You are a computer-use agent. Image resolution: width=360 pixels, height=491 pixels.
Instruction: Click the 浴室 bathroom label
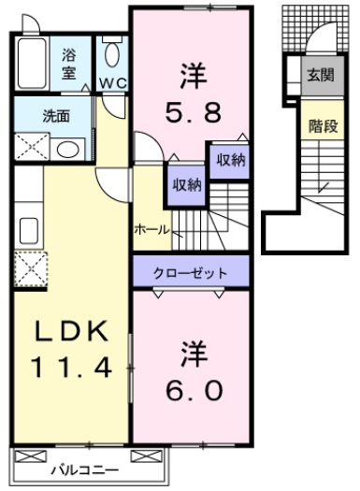[x=71, y=63]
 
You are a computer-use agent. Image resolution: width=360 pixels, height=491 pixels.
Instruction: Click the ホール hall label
[x=151, y=228]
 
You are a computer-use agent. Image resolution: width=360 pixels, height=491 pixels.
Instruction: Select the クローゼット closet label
[x=192, y=272]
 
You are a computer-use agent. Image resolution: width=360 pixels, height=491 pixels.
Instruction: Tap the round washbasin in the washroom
[x=66, y=148]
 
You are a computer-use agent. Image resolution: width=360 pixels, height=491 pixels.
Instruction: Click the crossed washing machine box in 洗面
[x=30, y=148]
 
